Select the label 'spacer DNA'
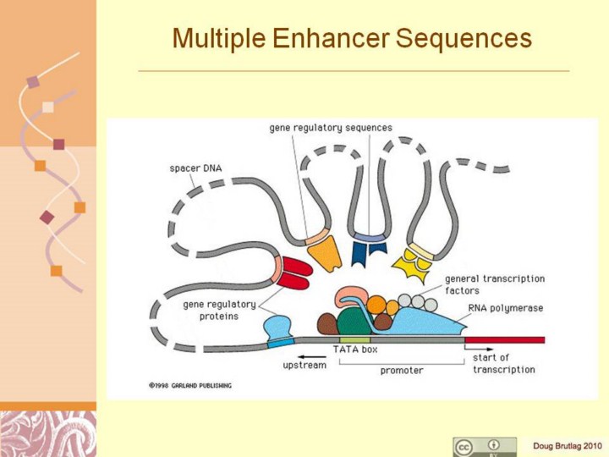point(195,168)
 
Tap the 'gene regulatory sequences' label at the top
point(331,128)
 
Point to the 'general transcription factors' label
point(494,284)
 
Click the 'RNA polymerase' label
point(505,308)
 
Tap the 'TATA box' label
point(354,349)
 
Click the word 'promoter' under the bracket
point(401,370)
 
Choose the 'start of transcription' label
point(503,363)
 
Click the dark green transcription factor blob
point(354,323)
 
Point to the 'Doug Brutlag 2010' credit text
point(567,445)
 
